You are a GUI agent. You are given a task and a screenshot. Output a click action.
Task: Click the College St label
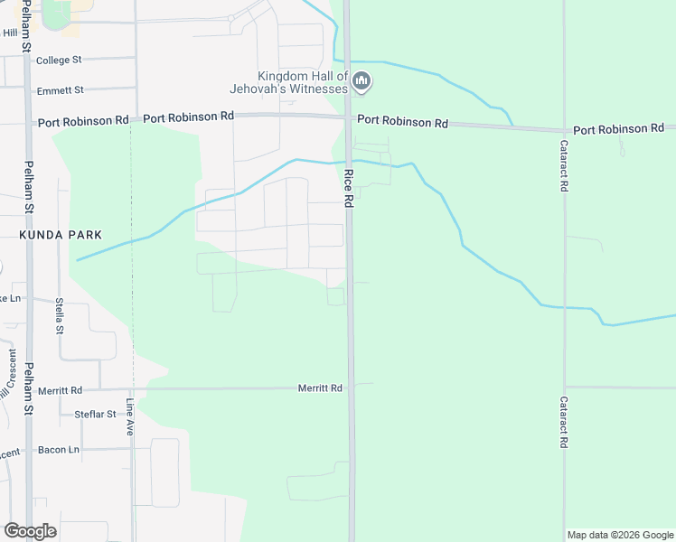[58, 60]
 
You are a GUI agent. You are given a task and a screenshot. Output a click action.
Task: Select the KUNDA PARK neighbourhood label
[60, 235]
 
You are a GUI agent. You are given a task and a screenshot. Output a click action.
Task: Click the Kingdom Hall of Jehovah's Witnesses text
[302, 82]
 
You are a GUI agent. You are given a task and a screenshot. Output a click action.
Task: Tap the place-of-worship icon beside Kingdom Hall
[362, 82]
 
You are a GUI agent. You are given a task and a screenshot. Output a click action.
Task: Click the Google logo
[30, 530]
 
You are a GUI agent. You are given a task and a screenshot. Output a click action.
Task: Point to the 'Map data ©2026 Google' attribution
[620, 535]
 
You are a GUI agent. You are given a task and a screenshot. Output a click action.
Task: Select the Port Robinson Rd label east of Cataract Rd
[618, 130]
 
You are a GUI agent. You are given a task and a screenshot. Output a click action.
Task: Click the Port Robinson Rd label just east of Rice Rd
[402, 121]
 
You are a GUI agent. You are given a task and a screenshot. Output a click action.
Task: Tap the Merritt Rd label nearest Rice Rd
[320, 388]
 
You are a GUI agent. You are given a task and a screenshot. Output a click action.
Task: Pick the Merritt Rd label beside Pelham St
[60, 390]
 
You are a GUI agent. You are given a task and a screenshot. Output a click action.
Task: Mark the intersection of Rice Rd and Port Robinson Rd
[348, 117]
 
